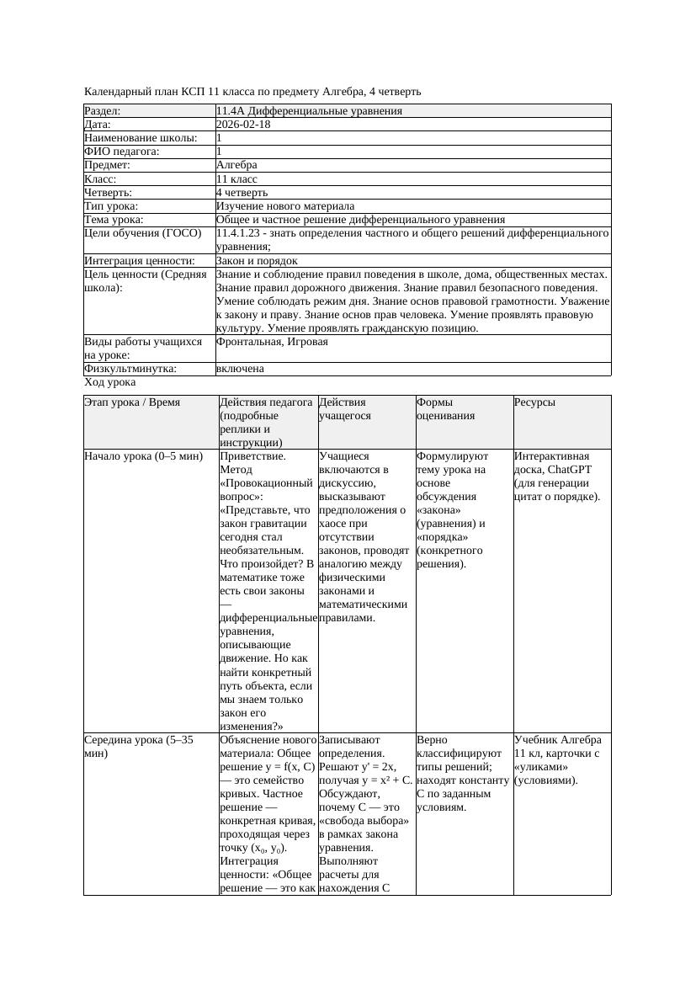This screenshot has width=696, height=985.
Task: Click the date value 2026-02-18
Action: [243, 125]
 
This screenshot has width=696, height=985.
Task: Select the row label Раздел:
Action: [103, 111]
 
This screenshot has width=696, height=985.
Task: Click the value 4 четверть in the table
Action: [242, 192]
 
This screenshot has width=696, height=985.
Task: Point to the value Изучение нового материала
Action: [285, 205]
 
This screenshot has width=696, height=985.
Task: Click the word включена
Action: [240, 369]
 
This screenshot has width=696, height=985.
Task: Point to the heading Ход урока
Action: [110, 382]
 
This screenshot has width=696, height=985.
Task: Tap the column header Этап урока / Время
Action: [132, 402]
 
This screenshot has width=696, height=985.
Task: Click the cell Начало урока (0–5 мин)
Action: [144, 456]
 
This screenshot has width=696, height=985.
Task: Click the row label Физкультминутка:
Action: [130, 369]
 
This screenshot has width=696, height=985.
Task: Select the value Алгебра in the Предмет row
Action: [236, 165]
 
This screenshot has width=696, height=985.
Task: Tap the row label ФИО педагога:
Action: [122, 152]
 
